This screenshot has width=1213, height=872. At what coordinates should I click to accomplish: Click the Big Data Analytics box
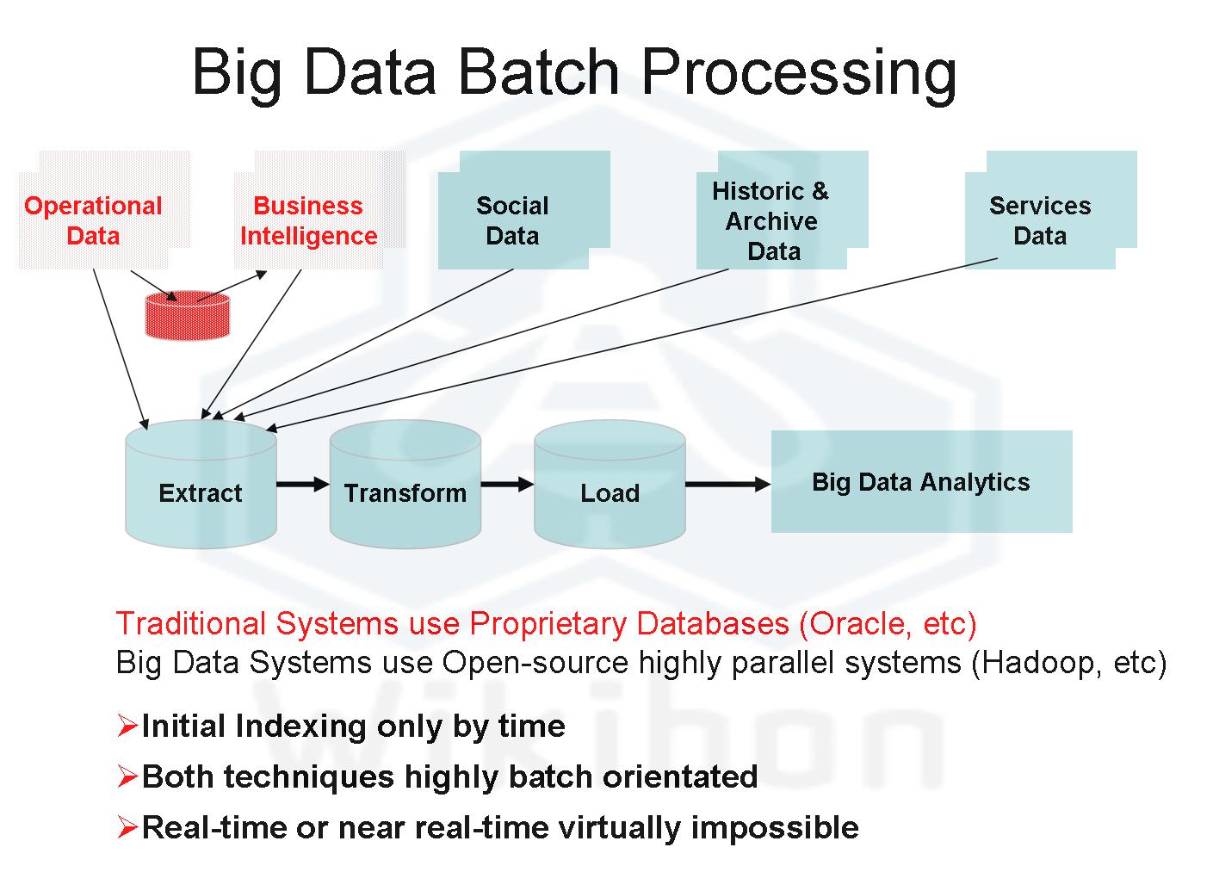coord(920,481)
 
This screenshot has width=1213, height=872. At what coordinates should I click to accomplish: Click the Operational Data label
coord(93,220)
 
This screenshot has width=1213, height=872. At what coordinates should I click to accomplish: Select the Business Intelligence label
coord(308,220)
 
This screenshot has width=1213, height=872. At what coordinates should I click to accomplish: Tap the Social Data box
coord(513,220)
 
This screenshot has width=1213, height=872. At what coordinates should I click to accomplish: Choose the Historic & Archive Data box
coord(772,220)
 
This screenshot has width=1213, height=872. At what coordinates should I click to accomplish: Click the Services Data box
coord(1040,220)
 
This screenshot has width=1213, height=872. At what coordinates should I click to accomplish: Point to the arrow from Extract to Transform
coord(303,485)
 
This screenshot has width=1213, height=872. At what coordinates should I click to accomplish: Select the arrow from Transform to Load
coord(507,485)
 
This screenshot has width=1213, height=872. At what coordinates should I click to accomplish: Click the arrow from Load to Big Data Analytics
coord(727,485)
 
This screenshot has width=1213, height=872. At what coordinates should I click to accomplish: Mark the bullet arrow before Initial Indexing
coord(127,727)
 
